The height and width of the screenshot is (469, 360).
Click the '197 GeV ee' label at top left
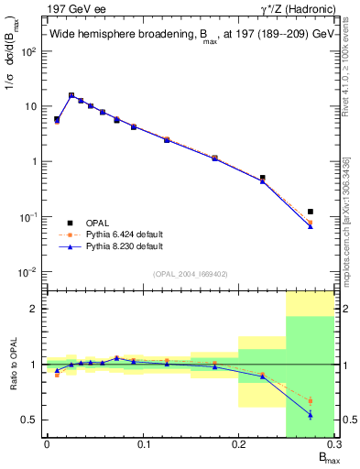tap(71, 9)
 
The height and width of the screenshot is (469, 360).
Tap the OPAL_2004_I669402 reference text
tap(190, 274)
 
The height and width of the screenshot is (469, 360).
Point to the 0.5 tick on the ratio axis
tap(31, 420)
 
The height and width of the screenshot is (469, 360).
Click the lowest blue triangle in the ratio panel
tap(311, 415)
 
